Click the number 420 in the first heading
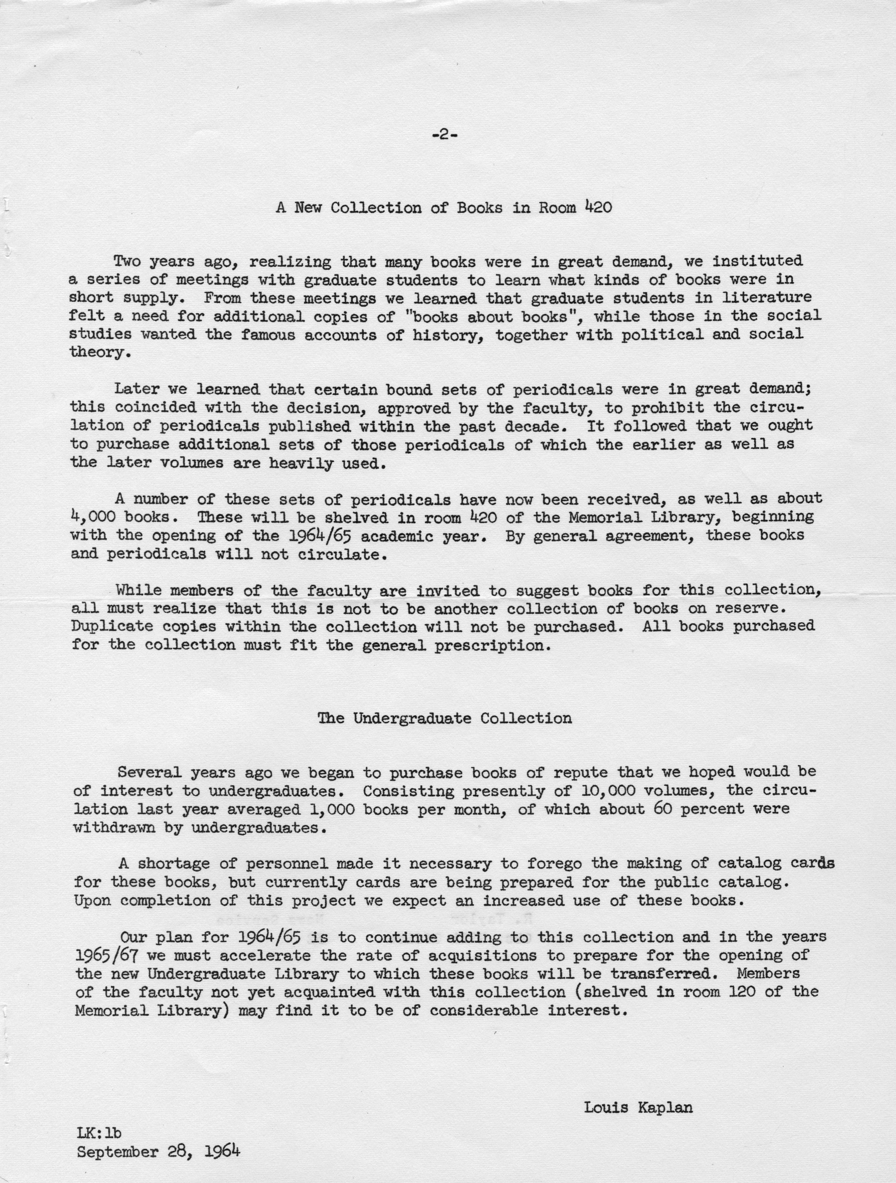tap(598, 207)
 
